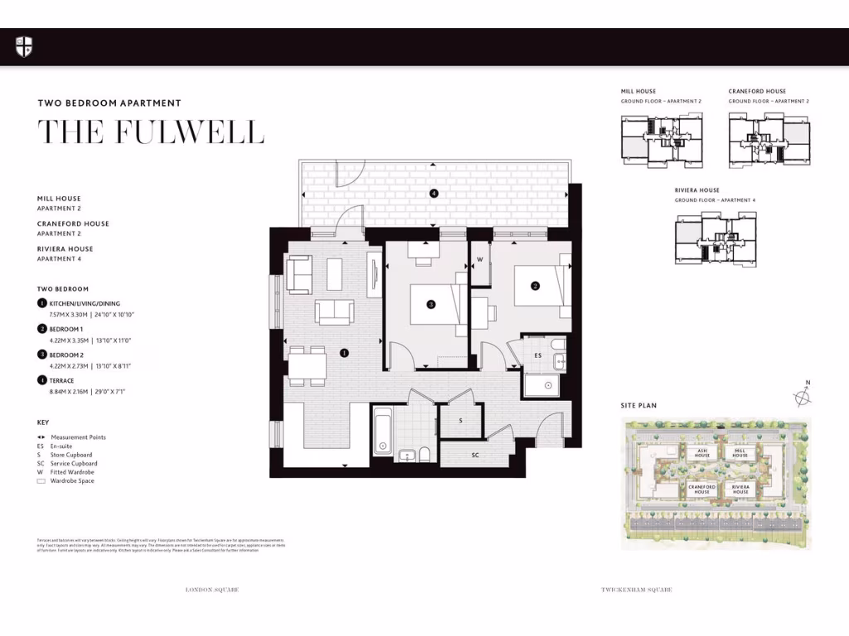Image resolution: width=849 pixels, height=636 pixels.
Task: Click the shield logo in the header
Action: click(24, 47)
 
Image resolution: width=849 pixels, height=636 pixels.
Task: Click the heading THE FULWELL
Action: click(151, 132)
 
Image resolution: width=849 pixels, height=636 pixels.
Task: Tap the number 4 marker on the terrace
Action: click(433, 194)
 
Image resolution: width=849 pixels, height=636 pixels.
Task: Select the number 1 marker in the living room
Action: click(344, 352)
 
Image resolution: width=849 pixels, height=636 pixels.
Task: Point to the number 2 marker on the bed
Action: click(536, 287)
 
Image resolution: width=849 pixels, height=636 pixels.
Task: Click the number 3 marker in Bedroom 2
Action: click(431, 305)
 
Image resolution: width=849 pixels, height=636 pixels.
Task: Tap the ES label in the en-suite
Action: click(537, 355)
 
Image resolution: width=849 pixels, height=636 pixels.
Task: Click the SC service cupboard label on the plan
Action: click(476, 455)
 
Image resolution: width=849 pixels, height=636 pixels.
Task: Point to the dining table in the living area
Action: click(306, 364)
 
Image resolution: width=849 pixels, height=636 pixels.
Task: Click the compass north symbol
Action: click(803, 397)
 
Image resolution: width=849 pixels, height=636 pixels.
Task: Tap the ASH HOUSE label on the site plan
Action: click(701, 453)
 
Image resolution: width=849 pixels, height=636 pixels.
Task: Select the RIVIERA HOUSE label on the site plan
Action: click(740, 490)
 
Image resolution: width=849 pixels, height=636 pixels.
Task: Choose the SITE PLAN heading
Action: click(638, 407)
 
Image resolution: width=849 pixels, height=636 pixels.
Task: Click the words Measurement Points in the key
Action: click(78, 437)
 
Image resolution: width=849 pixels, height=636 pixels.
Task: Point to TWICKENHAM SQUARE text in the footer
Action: click(636, 590)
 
